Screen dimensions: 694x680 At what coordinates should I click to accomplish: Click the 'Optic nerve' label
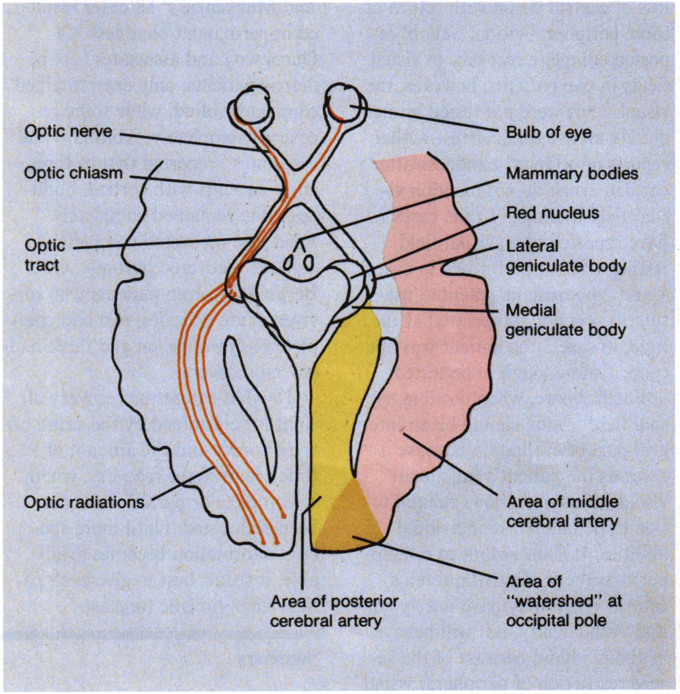(x=68, y=131)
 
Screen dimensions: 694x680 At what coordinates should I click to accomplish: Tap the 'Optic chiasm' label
(x=73, y=173)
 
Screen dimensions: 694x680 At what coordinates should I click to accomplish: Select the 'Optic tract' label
(x=45, y=255)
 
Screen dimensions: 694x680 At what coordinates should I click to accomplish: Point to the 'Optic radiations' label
(x=84, y=502)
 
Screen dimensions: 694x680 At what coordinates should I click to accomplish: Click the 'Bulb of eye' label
(x=548, y=132)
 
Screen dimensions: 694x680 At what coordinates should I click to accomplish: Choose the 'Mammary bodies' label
(x=572, y=173)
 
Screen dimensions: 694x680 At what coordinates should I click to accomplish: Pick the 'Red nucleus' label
(x=552, y=213)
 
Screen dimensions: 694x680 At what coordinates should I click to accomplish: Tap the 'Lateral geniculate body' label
(x=565, y=256)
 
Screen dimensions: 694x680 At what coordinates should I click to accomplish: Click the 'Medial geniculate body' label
(x=565, y=320)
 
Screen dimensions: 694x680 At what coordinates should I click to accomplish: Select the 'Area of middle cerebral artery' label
(x=562, y=511)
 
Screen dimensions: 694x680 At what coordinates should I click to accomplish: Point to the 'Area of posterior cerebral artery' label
(x=334, y=610)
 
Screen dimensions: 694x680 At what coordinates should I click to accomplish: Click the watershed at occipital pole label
(x=563, y=601)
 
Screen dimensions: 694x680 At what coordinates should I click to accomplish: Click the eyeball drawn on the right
(x=346, y=104)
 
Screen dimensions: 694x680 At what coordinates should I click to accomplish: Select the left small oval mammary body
(x=288, y=263)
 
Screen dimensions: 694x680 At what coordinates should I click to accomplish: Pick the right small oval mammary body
(x=308, y=263)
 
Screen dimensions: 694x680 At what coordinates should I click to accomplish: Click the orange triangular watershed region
(x=351, y=519)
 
